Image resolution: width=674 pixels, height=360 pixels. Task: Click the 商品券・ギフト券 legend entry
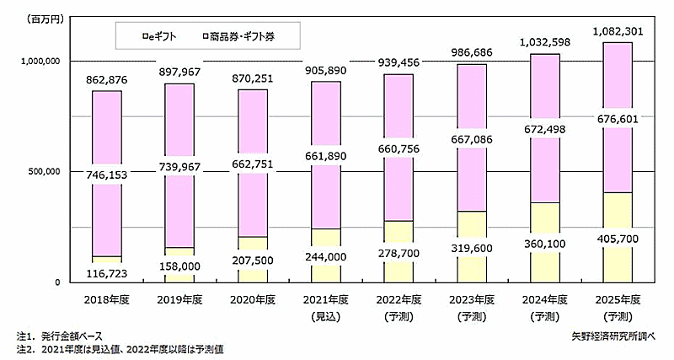pyautogui.click(x=243, y=36)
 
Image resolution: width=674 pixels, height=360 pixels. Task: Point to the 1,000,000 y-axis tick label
pyautogui.click(x=38, y=62)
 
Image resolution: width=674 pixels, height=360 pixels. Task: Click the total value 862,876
pyautogui.click(x=106, y=79)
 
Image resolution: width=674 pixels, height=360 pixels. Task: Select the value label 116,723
pyautogui.click(x=106, y=271)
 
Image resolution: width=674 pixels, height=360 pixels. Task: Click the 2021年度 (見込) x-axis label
pyautogui.click(x=325, y=305)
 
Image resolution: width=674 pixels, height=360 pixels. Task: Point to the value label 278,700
pyautogui.click(x=399, y=252)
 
